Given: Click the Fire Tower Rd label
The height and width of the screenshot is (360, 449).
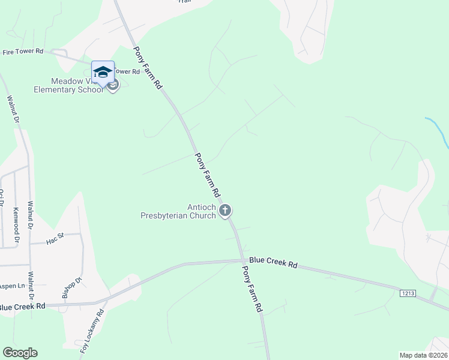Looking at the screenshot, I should [x=23, y=52].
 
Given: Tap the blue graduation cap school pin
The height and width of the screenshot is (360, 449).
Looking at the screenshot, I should [x=103, y=72].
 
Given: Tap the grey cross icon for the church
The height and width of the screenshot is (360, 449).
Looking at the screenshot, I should [x=226, y=210].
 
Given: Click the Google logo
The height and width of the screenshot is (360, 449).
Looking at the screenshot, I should [x=20, y=353].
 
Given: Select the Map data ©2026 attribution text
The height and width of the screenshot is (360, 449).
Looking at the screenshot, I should [x=423, y=355].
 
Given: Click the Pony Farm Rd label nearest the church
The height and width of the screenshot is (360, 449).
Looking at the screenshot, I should [x=207, y=175].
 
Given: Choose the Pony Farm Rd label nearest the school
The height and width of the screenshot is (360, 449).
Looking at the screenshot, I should [x=148, y=68].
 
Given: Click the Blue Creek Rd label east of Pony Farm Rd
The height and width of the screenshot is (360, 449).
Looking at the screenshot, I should [x=273, y=263].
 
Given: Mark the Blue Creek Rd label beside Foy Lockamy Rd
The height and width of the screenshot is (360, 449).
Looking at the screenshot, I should [x=22, y=307].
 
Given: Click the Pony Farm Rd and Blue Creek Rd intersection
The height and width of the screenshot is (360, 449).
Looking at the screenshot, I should [x=242, y=260].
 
